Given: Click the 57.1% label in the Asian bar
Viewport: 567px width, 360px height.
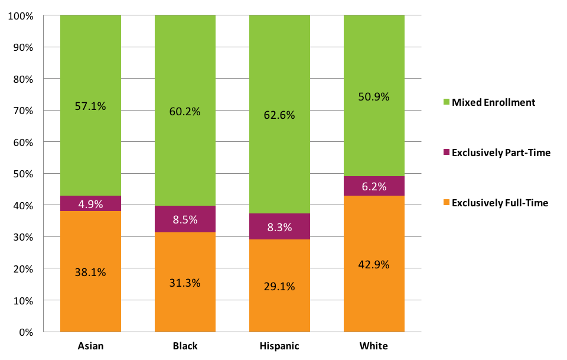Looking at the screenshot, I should (90, 106).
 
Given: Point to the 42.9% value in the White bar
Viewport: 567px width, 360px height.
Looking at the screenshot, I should (374, 264).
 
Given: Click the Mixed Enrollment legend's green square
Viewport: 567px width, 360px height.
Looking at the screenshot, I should (445, 102).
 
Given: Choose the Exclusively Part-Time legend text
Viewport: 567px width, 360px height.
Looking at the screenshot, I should (501, 153).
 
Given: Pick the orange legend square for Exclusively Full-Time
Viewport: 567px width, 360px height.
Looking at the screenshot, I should (445, 203).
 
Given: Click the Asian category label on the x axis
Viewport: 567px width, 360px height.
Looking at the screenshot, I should (90, 346).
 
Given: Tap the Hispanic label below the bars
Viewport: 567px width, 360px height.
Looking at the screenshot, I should (279, 346).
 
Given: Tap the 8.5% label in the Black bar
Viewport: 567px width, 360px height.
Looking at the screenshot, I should (185, 219).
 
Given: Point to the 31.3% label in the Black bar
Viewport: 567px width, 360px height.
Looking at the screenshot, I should (185, 283).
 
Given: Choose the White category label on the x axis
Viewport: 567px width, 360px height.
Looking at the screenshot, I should (374, 346).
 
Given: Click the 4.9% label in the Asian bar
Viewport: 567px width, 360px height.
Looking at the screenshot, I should (90, 205).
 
